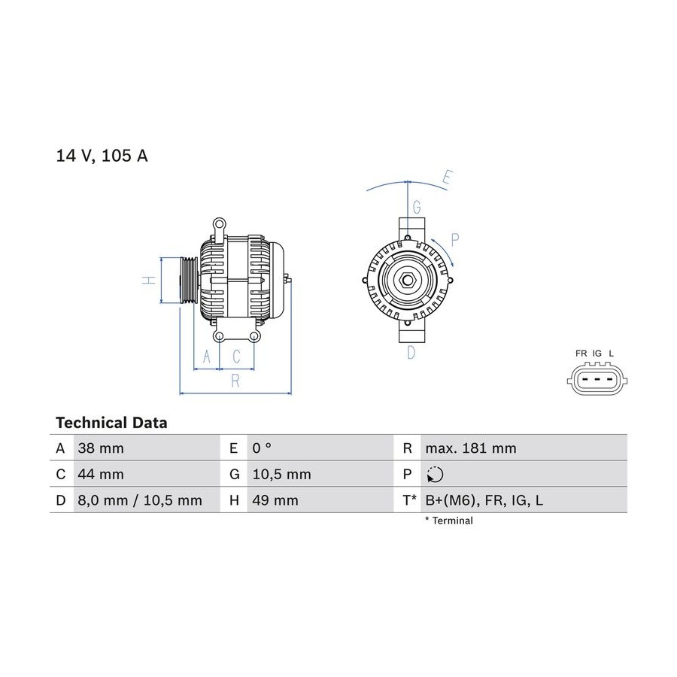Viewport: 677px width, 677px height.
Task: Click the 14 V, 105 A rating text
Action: (102, 156)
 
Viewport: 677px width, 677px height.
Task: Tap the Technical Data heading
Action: (111, 423)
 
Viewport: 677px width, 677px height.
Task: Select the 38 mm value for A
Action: (101, 448)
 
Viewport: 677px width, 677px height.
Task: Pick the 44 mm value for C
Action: (101, 474)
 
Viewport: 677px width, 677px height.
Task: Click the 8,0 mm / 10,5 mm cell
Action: (140, 500)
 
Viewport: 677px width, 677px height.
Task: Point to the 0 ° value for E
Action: (262, 448)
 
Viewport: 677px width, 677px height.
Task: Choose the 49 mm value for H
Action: (275, 500)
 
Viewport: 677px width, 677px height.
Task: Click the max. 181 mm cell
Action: (471, 448)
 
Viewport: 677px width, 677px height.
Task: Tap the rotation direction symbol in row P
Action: (435, 475)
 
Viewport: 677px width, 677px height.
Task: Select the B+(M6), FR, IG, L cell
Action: (484, 500)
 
